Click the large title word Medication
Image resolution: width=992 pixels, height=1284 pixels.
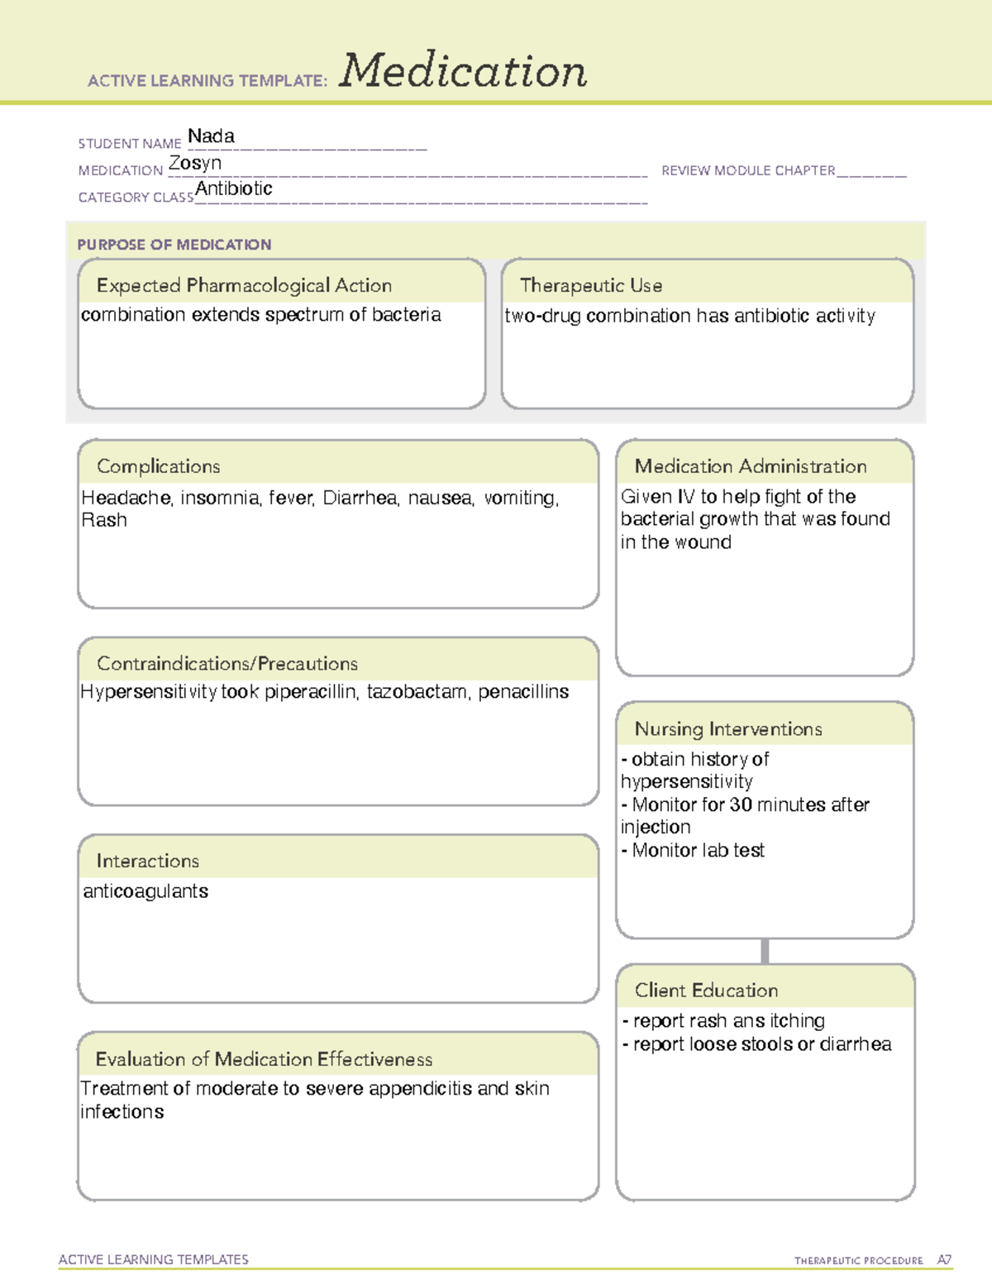coord(463,71)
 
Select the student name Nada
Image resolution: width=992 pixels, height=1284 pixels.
coord(211,136)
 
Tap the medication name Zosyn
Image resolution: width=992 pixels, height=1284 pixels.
coord(195,164)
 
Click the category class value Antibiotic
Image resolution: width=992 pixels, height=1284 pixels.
coord(234,189)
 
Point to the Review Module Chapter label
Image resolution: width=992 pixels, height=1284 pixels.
coord(748,171)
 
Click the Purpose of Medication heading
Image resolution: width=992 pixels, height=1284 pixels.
coord(174,245)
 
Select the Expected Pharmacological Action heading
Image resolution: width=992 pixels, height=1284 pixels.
coord(244,286)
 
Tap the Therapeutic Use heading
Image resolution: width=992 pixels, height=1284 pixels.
coord(591,286)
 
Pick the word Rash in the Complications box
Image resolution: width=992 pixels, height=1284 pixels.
coord(104,521)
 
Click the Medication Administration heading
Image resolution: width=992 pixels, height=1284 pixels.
coord(751,467)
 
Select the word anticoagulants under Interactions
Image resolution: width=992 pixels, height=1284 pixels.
coord(145,891)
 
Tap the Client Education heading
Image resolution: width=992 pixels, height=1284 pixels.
coord(706,990)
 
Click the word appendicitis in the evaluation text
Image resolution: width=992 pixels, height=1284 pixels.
coord(421,1089)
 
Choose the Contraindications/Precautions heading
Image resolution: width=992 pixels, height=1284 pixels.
coord(227,664)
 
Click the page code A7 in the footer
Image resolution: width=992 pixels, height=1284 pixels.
coord(944,1260)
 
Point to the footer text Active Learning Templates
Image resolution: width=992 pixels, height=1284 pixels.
coord(154,1259)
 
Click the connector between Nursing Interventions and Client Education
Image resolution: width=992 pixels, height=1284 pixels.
coord(765,951)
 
